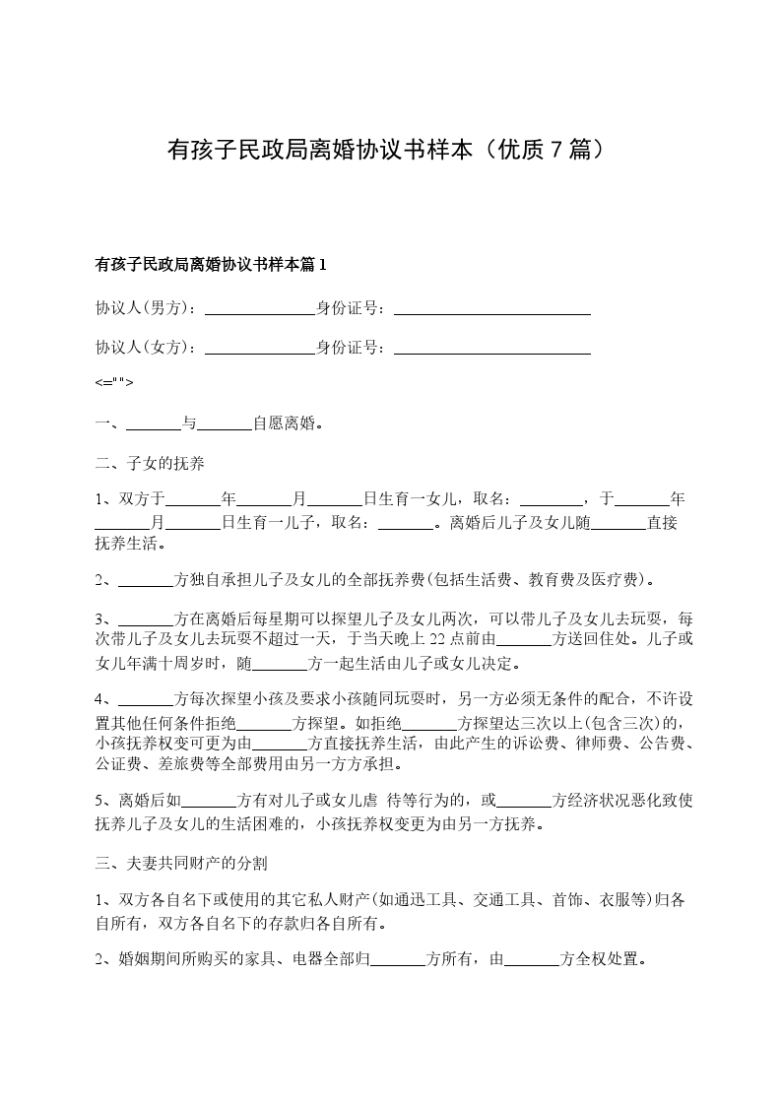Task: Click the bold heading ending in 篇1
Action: [210, 264]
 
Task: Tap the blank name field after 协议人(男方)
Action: [259, 308]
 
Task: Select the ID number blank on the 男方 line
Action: [491, 308]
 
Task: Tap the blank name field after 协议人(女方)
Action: [259, 348]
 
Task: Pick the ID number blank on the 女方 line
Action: [491, 348]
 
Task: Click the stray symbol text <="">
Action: [114, 383]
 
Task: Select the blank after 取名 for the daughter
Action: [551, 499]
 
